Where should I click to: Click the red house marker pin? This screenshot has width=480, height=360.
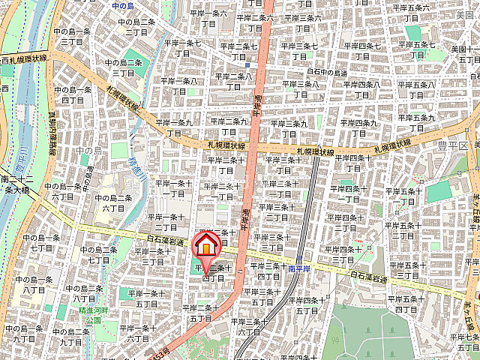click(206, 247)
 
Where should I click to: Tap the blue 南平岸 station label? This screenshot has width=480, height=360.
click(296, 266)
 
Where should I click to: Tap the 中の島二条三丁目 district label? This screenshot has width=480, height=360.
click(123, 67)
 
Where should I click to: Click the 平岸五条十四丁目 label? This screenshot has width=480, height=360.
click(406, 303)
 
